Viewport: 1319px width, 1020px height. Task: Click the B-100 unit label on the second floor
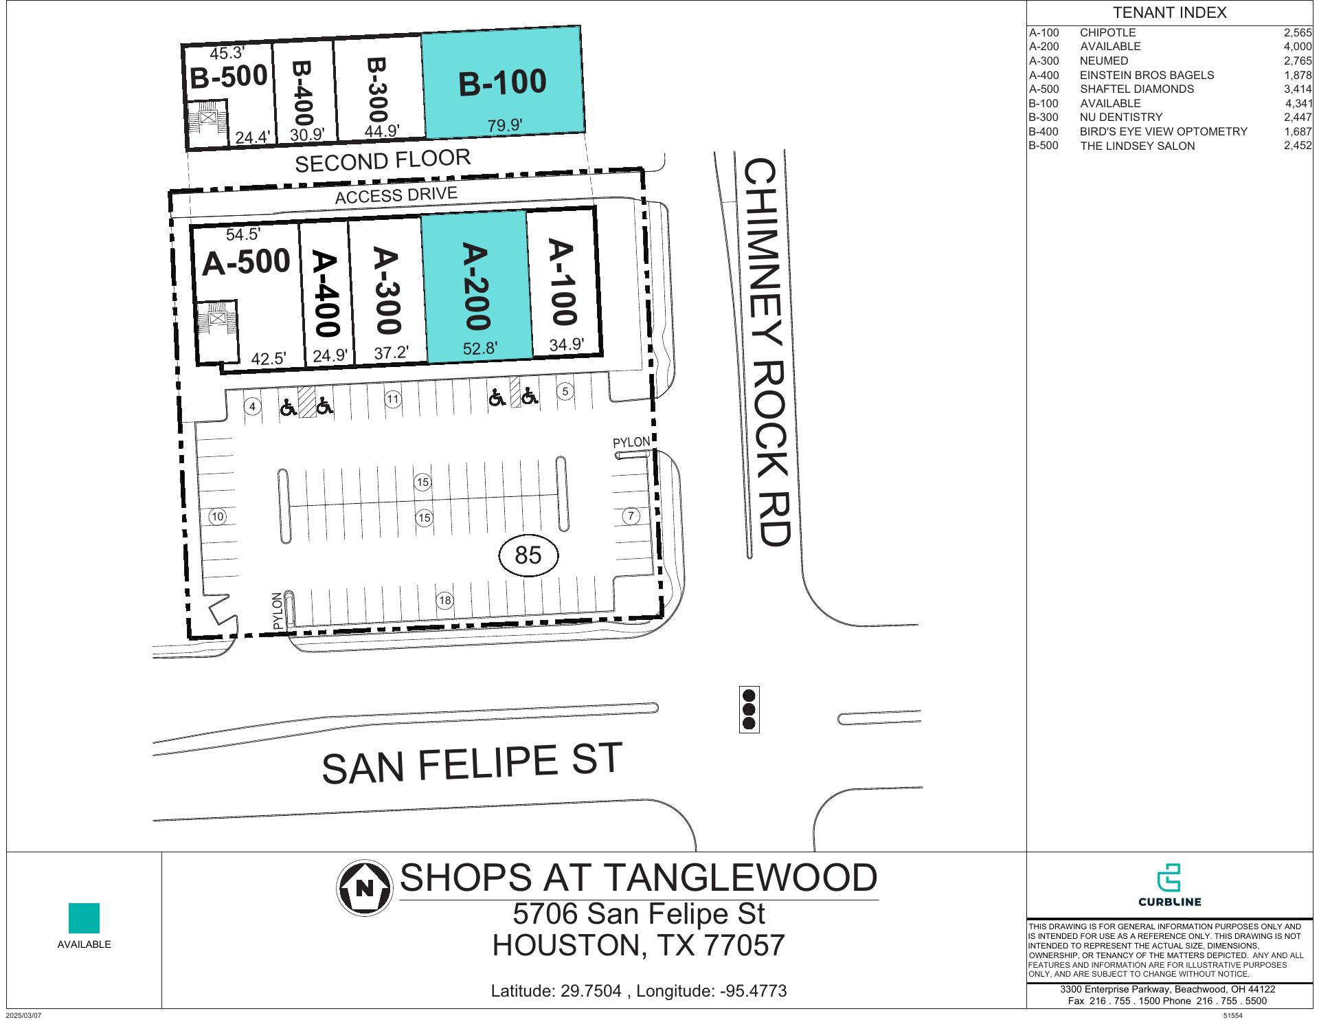pos(502,82)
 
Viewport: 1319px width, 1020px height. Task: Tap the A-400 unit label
pos(326,293)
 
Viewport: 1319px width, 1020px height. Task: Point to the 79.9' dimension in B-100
pos(505,125)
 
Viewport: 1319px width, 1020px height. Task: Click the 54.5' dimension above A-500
pos(243,234)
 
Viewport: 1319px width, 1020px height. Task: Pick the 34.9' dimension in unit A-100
pos(567,345)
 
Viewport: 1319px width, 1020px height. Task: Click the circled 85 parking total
pos(528,555)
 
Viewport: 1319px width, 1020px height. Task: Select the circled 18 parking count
pos(445,601)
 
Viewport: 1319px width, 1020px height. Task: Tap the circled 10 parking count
pos(218,517)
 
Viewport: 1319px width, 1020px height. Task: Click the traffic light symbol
pos(749,709)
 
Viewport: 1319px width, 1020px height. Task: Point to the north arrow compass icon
pos(364,887)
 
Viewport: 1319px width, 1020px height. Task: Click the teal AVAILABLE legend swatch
pos(84,918)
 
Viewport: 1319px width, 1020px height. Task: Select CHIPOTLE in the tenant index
pos(1107,33)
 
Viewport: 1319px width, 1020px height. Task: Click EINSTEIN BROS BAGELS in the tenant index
pos(1147,76)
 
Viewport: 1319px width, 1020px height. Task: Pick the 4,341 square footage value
pos(1298,104)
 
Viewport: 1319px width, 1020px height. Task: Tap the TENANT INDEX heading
pos(1169,13)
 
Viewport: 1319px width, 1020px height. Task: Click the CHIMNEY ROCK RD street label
pos(768,352)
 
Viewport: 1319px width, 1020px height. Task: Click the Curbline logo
pos(1169,885)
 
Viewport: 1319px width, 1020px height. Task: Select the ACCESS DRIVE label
pos(396,195)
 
